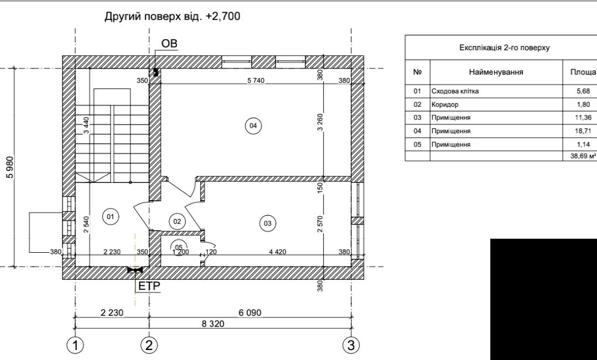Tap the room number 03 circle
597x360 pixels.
point(267,223)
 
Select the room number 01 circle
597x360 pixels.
point(111,217)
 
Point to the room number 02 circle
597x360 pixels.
point(177,221)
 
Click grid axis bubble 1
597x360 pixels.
point(75,345)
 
